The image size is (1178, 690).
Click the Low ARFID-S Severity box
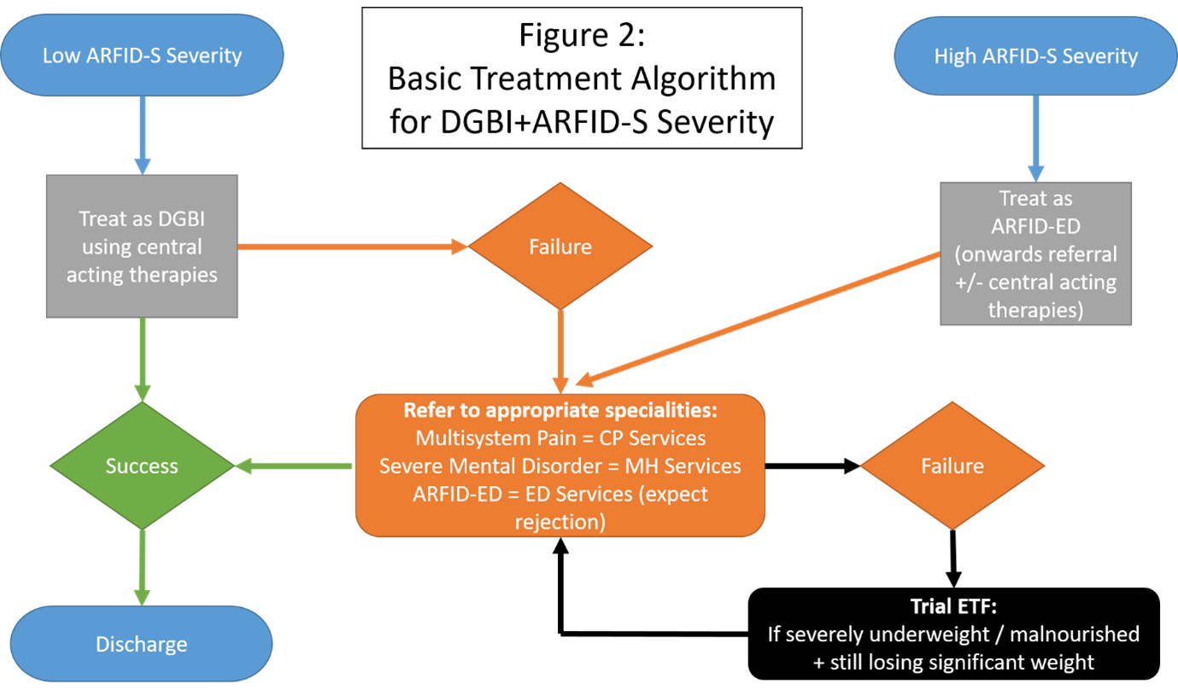(x=142, y=56)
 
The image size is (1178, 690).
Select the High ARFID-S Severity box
(x=1035, y=56)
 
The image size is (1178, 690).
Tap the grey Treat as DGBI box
(x=142, y=246)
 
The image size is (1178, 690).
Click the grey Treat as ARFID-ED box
(x=1035, y=254)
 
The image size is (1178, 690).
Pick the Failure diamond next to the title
(x=560, y=247)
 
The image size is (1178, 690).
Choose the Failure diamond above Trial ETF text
(x=952, y=466)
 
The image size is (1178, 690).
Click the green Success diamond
(x=142, y=466)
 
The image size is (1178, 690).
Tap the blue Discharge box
(x=142, y=644)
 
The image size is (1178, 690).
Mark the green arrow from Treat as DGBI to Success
(x=142, y=359)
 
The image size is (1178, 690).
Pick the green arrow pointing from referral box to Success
(x=294, y=466)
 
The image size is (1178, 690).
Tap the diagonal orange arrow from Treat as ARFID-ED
(x=760, y=316)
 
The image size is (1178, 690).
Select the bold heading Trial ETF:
(x=952, y=607)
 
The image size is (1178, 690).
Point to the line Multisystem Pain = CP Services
(x=560, y=438)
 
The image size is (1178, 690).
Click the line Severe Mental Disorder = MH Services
(x=560, y=466)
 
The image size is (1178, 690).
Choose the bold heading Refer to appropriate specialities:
(x=560, y=410)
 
